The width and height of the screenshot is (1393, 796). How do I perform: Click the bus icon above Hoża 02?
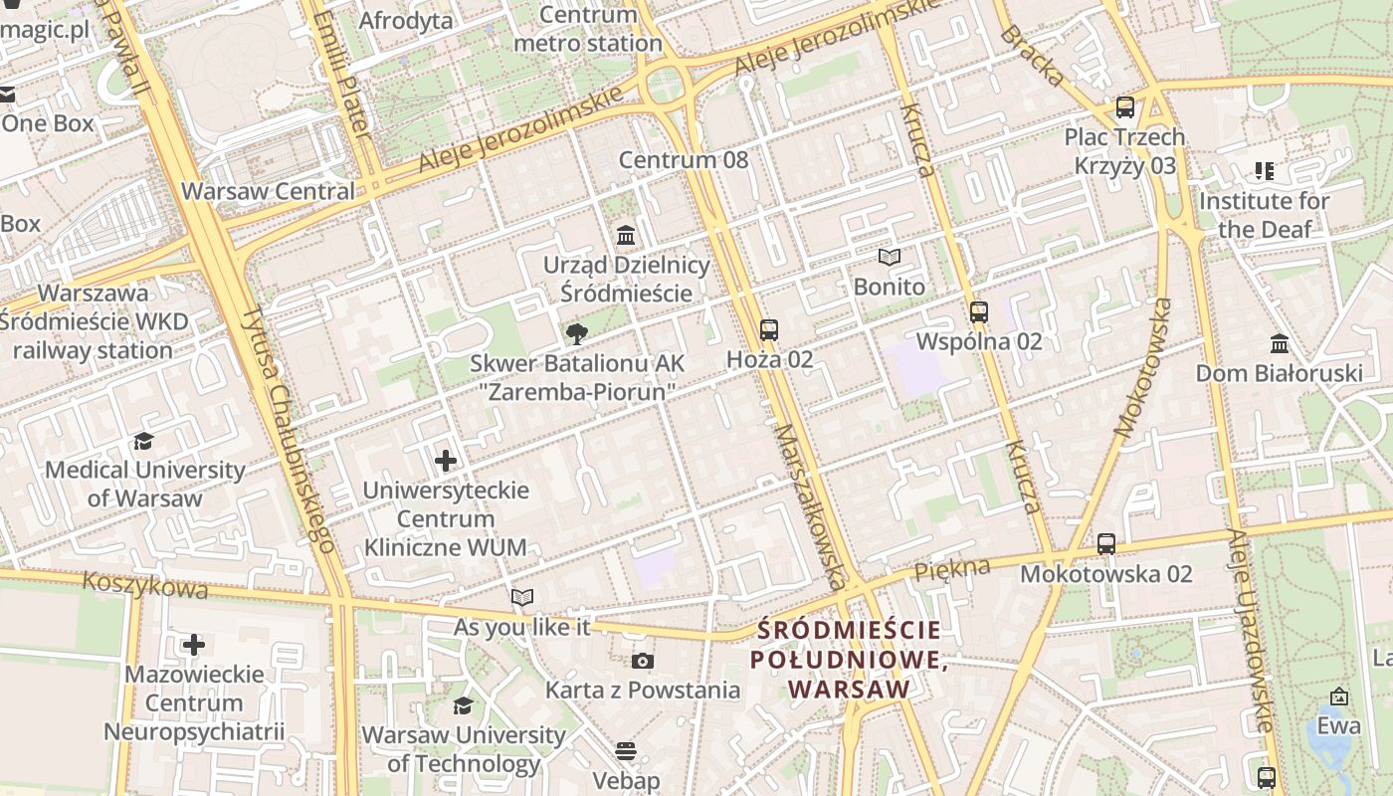768,329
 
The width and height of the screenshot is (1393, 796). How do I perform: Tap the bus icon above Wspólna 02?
978,312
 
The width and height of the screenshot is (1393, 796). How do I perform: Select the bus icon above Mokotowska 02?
1105,544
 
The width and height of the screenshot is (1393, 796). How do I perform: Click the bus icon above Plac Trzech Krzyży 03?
1124,107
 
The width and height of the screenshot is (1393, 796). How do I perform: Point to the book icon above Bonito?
889,258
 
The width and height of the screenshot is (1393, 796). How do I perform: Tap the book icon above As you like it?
521,598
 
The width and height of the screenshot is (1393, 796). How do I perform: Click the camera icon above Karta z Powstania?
643,661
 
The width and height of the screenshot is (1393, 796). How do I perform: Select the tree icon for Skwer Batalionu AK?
576,333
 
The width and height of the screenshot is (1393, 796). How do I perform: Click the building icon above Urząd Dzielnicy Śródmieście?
626,236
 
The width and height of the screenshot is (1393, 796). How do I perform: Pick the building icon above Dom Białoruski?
1279,344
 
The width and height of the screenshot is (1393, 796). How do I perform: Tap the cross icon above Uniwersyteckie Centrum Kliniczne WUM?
446,461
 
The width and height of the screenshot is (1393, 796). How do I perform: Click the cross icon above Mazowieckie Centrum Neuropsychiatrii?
194,645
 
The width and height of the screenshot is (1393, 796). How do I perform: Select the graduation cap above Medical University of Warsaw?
144,441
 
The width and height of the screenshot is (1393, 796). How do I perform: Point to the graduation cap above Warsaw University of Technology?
463,706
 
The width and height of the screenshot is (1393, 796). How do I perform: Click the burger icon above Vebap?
626,751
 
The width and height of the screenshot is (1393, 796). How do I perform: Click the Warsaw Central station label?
268,191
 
